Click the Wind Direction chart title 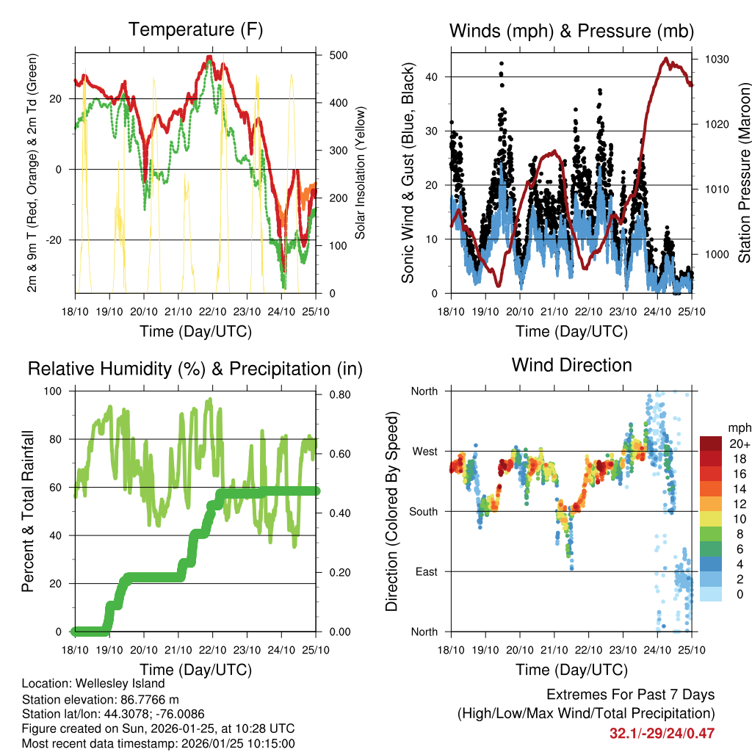[571, 365]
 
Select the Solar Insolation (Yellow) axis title [361, 173]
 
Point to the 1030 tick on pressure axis [715, 59]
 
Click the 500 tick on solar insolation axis [339, 56]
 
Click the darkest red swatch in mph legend [710, 444]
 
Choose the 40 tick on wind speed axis [433, 76]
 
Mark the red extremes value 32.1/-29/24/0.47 [662, 733]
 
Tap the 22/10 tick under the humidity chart [213, 650]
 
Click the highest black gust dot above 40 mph [502, 64]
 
